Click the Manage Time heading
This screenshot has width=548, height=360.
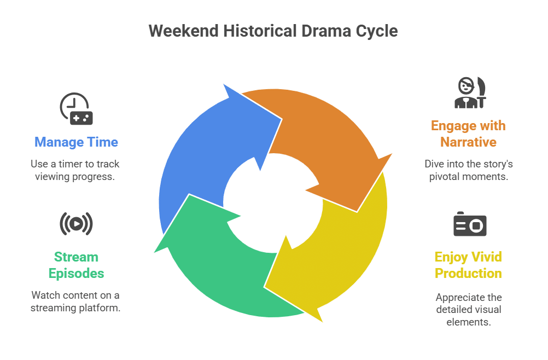click(x=76, y=142)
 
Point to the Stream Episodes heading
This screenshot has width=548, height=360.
click(x=76, y=265)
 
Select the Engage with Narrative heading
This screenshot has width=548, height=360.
click(x=468, y=134)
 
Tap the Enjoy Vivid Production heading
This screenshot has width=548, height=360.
click(x=468, y=265)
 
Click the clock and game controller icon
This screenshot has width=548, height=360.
click(x=76, y=108)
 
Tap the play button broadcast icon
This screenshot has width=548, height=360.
click(x=76, y=223)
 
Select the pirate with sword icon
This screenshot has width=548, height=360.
click(x=470, y=92)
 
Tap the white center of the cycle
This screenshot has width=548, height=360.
click(x=273, y=203)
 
